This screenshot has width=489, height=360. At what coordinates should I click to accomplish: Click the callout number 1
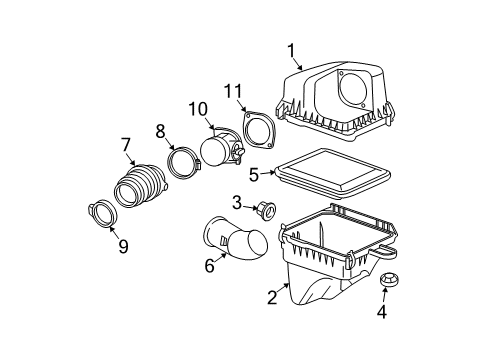click(291, 50)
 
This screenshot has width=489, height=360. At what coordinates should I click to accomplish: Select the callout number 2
click(272, 297)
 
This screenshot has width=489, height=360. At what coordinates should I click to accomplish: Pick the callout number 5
click(253, 174)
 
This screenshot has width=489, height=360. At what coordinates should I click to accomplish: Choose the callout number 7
click(126, 144)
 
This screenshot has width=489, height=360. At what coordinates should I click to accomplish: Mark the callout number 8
click(160, 130)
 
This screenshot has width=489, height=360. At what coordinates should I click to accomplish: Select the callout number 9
click(123, 246)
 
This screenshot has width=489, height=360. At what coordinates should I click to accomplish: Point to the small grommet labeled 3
click(268, 210)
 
